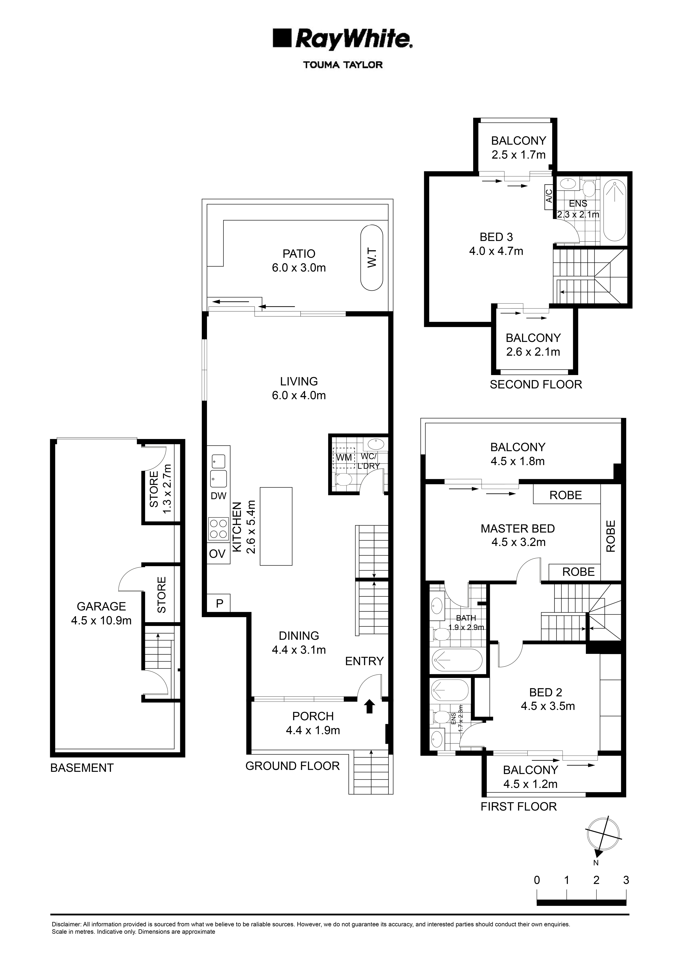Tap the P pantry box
[x=219, y=603]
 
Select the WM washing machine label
[x=344, y=457]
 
